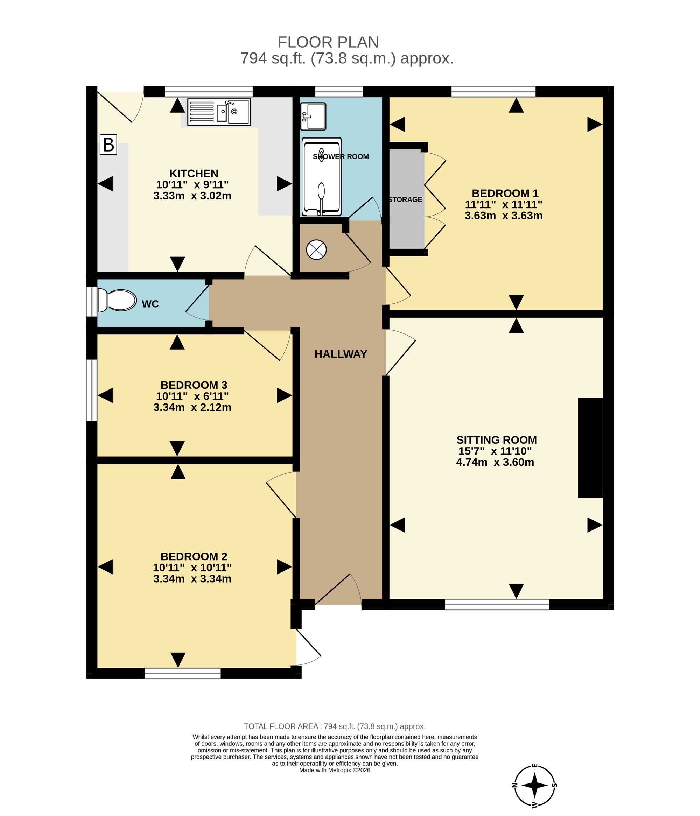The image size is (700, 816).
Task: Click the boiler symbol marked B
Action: point(108,145)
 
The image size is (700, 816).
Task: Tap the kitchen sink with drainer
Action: point(219,112)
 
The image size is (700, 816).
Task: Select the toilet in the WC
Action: point(117,300)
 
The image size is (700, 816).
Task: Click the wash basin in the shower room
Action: point(313,116)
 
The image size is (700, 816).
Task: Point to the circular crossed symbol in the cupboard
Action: point(316,250)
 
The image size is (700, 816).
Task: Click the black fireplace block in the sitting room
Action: point(590,448)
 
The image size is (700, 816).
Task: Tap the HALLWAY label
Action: point(341,354)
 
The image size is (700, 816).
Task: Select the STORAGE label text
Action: point(405,200)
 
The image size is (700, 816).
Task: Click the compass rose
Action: point(534,785)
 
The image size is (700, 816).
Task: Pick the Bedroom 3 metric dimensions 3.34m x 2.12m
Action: point(192,407)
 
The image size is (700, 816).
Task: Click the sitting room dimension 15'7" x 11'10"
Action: point(495,451)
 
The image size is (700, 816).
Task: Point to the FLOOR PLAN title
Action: point(328,42)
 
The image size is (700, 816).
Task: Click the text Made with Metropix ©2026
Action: point(335,770)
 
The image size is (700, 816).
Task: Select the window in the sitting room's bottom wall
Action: point(497,605)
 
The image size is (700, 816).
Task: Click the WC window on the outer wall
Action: point(92,302)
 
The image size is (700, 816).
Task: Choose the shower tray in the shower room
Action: point(321,177)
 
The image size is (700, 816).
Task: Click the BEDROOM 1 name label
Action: point(505,194)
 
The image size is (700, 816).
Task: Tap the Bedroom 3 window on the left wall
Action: point(92,390)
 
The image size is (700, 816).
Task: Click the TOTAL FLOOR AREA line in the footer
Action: point(335,726)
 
